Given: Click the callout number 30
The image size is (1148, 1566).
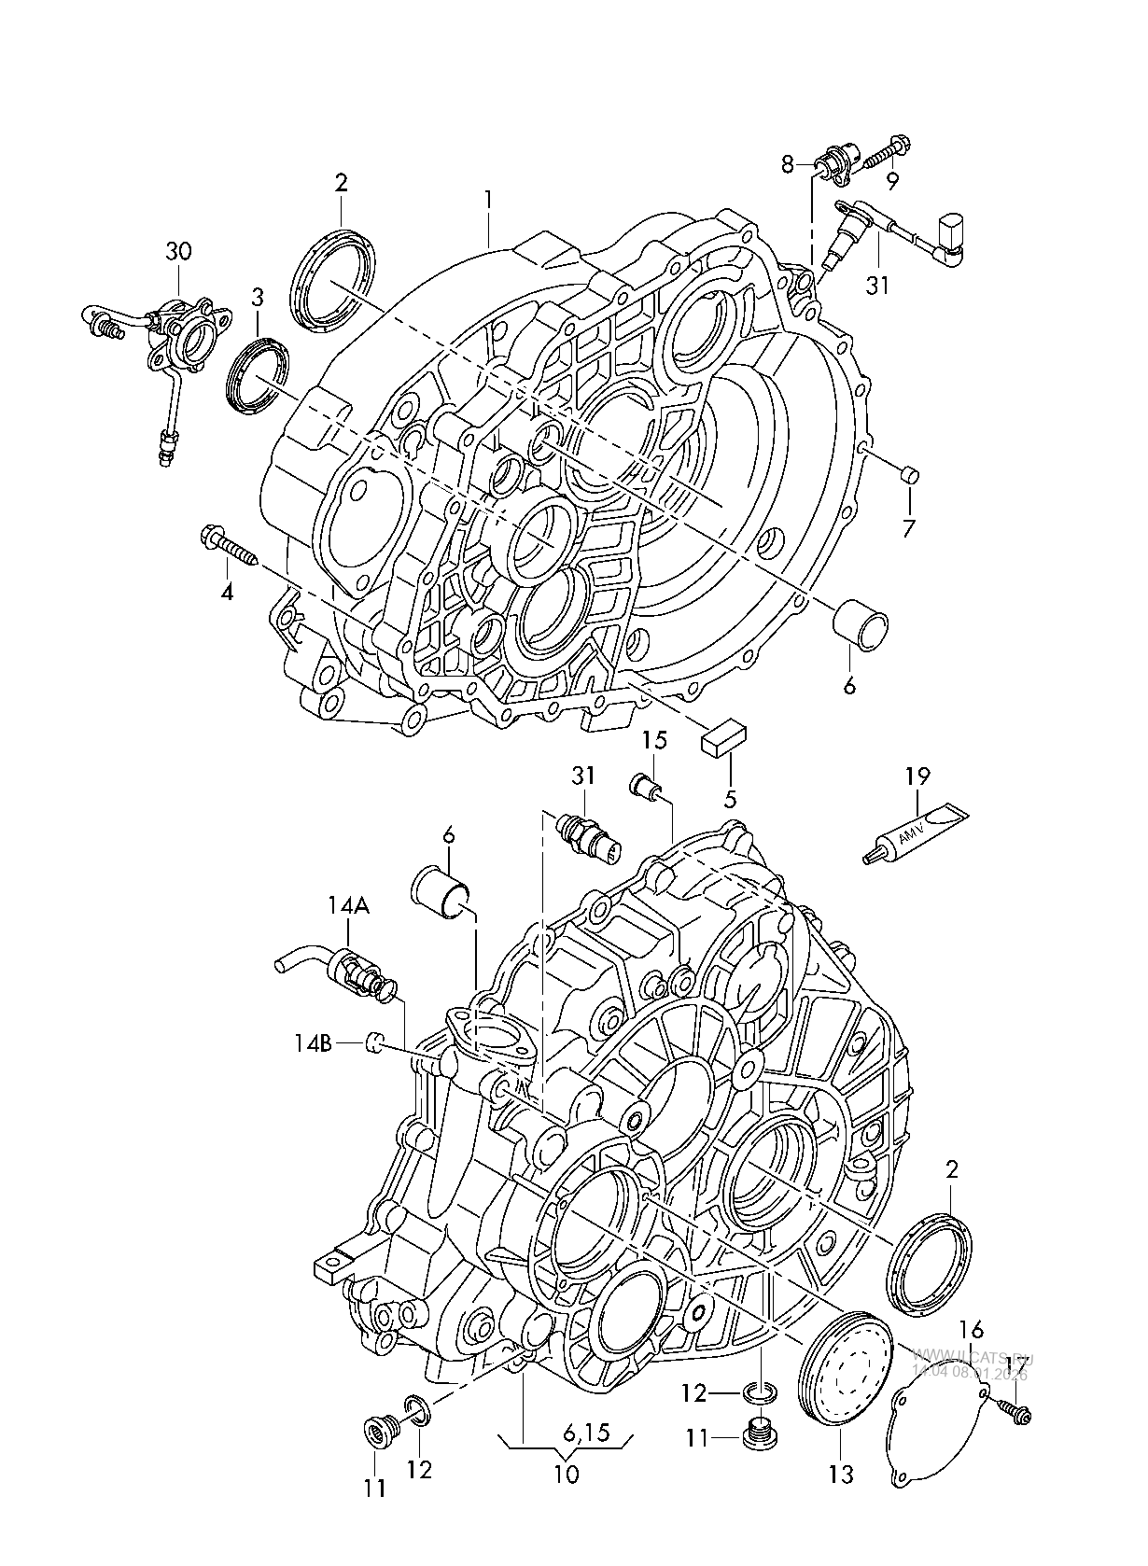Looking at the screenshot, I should [x=178, y=251].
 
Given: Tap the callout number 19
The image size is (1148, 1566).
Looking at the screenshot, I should [x=917, y=776].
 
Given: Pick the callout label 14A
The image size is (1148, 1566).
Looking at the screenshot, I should [x=348, y=904].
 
